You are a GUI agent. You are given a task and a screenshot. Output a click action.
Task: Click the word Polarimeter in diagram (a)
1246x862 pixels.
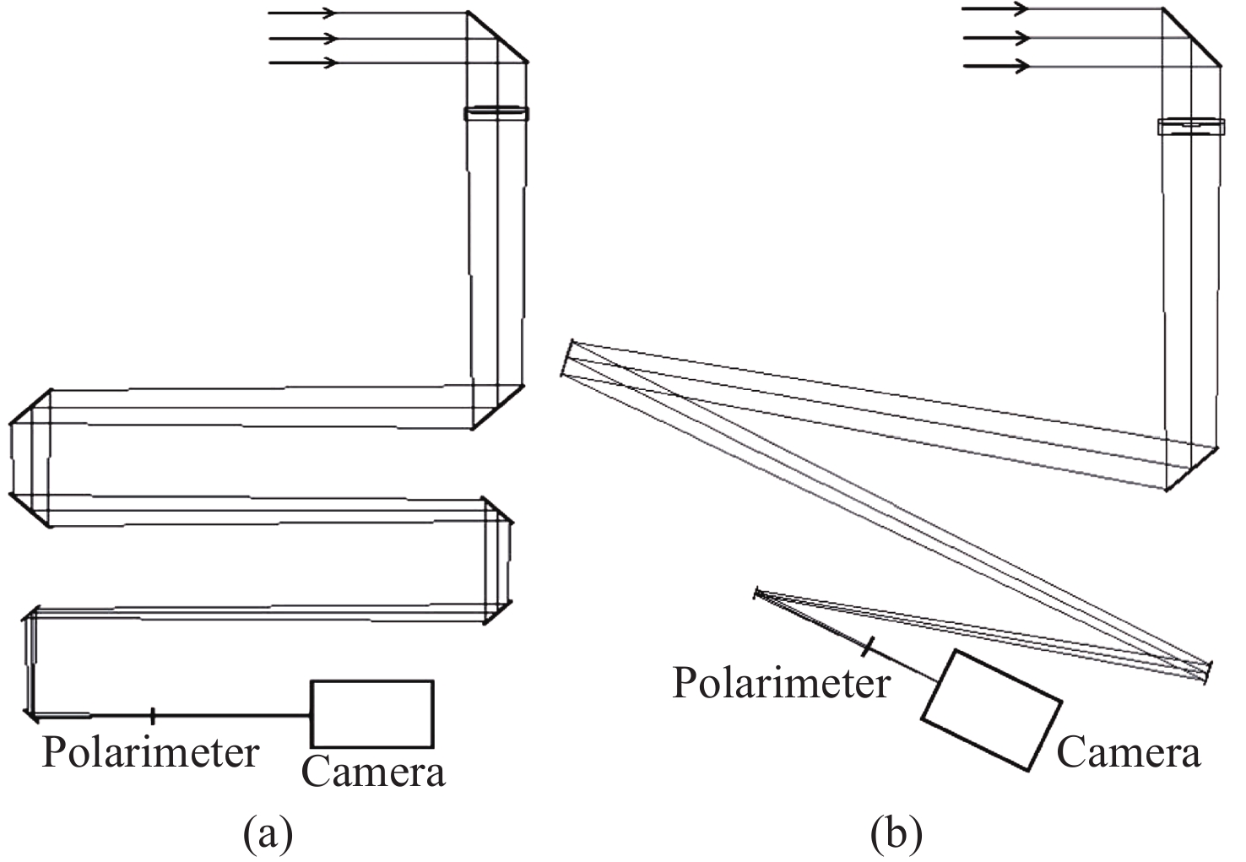tap(150, 752)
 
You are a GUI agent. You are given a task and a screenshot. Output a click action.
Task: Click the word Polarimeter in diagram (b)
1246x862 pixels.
tap(781, 682)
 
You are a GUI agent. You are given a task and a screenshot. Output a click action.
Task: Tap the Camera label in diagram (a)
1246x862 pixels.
tap(373, 771)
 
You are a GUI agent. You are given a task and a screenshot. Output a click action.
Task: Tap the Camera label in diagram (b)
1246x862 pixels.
tap(1128, 751)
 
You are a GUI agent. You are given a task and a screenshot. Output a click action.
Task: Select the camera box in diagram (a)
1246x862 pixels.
tap(372, 713)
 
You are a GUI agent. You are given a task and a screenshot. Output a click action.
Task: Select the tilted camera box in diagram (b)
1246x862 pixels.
tap(991, 710)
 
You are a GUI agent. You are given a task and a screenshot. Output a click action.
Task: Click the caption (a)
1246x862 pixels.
tap(268, 833)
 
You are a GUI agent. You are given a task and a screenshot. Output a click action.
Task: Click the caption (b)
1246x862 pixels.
tap(896, 833)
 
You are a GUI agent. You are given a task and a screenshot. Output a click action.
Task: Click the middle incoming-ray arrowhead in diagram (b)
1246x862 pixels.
tap(1021, 38)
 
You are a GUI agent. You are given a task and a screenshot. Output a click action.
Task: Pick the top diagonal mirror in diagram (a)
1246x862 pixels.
tap(497, 37)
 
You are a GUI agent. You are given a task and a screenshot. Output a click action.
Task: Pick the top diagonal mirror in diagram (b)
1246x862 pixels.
tap(1191, 38)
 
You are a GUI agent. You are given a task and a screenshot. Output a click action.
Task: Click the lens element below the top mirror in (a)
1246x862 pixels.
tap(496, 113)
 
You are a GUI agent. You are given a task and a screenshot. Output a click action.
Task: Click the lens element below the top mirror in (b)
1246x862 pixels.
tap(1190, 127)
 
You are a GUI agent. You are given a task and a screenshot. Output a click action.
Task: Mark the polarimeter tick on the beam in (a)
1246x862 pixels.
tap(153, 716)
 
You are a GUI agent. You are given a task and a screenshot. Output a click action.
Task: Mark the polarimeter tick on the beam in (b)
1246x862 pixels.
tap(867, 648)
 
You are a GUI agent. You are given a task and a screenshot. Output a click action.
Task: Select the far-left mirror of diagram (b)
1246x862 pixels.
tap(567, 358)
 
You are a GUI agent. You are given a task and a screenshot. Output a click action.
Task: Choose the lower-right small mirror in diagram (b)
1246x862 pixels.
tap(1208, 672)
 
